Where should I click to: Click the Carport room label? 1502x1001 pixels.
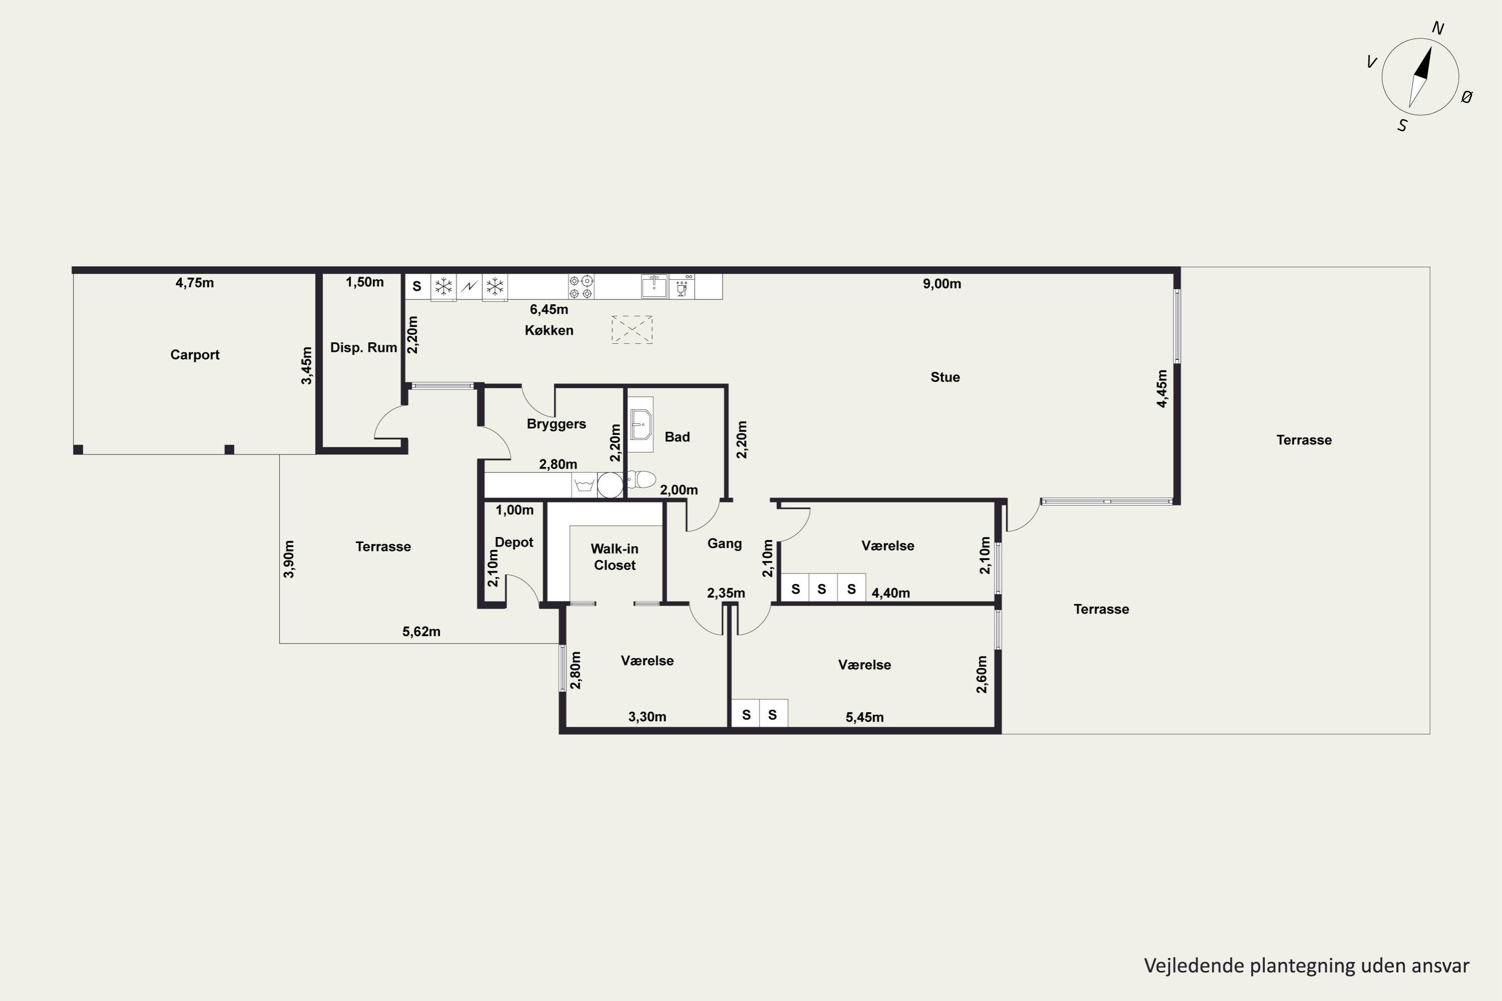pyautogui.click(x=195, y=355)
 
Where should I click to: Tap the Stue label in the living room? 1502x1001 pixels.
pyautogui.click(x=945, y=377)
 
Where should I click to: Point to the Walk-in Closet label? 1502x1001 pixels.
pyautogui.click(x=614, y=557)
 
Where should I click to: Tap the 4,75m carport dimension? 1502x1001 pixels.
pyautogui.click(x=195, y=283)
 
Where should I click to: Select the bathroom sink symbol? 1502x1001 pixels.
pyautogui.click(x=640, y=424)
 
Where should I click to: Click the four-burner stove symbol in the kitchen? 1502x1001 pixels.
pyautogui.click(x=581, y=287)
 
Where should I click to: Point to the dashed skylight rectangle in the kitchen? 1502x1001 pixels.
pyautogui.click(x=632, y=329)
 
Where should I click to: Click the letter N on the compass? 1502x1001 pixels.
pyautogui.click(x=1438, y=28)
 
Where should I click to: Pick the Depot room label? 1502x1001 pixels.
pyautogui.click(x=514, y=543)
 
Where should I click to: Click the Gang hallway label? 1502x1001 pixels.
pyautogui.click(x=725, y=544)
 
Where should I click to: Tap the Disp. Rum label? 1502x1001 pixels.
pyautogui.click(x=363, y=348)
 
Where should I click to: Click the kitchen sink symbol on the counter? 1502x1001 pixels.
pyautogui.click(x=654, y=287)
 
